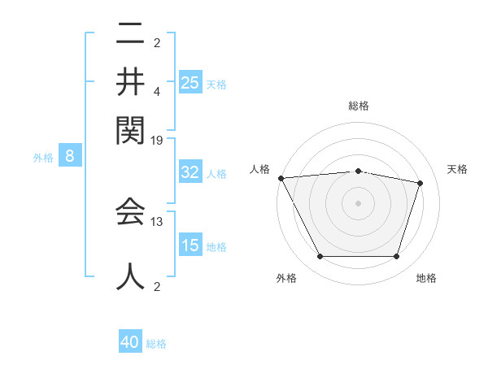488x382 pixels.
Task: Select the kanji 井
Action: click(x=130, y=81)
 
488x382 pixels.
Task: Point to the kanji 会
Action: click(x=130, y=211)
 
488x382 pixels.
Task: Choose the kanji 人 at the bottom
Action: click(x=130, y=274)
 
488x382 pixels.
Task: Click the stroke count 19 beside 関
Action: click(x=157, y=140)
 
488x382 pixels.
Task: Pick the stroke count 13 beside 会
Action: click(x=157, y=221)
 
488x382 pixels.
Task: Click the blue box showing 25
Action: click(x=190, y=82)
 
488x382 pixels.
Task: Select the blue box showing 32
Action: click(x=190, y=172)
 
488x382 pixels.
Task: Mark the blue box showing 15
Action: click(x=190, y=245)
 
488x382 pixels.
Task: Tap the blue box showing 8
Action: click(x=70, y=156)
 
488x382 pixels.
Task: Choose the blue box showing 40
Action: click(x=130, y=342)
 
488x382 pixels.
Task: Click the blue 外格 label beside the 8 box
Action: click(x=43, y=158)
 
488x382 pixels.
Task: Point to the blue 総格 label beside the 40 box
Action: click(x=156, y=344)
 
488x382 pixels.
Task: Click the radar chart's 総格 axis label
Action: click(x=358, y=106)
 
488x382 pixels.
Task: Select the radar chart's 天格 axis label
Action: click(x=457, y=169)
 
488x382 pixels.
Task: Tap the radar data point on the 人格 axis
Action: click(x=281, y=178)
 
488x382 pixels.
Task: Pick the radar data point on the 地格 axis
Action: click(x=396, y=256)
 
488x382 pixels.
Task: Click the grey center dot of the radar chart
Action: click(x=358, y=203)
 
